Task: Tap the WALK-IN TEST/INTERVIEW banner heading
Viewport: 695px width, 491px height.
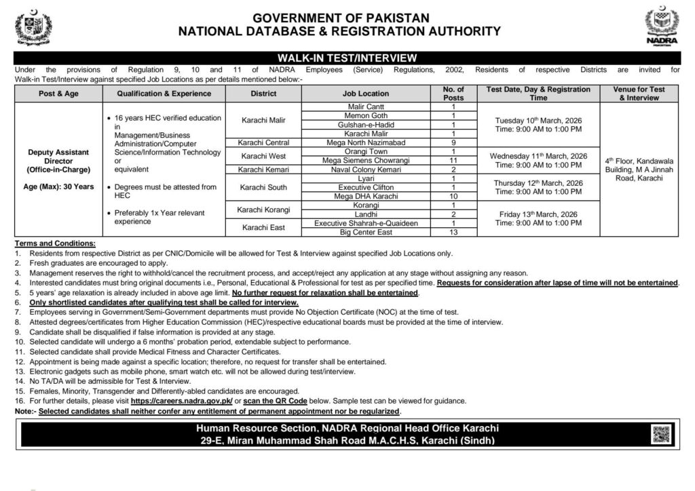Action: coord(347,59)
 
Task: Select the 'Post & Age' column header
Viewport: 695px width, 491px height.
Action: coord(58,94)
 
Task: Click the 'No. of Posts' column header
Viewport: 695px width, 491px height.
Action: coord(453,94)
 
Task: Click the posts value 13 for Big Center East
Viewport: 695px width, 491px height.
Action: coord(453,232)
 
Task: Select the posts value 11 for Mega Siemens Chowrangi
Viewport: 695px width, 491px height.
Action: coord(453,160)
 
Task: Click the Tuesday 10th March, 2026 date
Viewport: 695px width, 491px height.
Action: coord(538,120)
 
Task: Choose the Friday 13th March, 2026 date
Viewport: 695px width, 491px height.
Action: coord(538,214)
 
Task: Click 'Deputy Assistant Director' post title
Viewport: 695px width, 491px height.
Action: coord(58,158)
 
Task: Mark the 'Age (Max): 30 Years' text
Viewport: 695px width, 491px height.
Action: coord(58,186)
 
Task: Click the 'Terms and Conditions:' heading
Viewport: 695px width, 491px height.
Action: coord(55,243)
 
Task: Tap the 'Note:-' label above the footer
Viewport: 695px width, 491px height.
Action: coord(24,411)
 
